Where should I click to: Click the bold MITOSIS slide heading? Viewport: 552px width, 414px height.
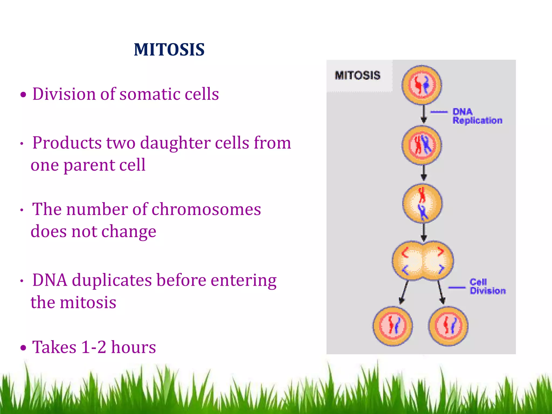169,50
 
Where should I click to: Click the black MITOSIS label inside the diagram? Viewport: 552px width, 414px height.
357,75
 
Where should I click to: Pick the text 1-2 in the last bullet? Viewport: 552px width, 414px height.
94,347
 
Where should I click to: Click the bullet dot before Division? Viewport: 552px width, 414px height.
23,95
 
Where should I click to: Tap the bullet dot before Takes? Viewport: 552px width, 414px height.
23,348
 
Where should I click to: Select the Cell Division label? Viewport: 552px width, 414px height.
487,287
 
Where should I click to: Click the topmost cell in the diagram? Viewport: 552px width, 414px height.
422,85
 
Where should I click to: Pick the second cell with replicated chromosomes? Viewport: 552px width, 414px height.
422,145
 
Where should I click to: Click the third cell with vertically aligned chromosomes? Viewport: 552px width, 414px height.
422,203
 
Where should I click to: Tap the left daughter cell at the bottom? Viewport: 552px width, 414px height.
392,326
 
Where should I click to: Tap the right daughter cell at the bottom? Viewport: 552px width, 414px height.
448,326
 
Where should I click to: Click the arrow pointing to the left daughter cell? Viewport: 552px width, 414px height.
404,292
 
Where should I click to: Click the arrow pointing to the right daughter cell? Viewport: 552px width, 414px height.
441,292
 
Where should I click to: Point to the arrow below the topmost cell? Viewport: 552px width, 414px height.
424,114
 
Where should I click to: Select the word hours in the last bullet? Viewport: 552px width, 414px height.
133,347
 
